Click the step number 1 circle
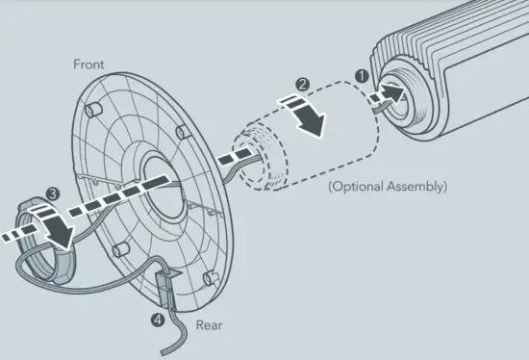click(363, 72)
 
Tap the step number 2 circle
click(301, 86)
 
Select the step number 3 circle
click(51, 193)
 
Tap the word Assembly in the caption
click(417, 185)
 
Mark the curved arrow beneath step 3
click(61, 229)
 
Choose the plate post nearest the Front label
click(92, 110)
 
